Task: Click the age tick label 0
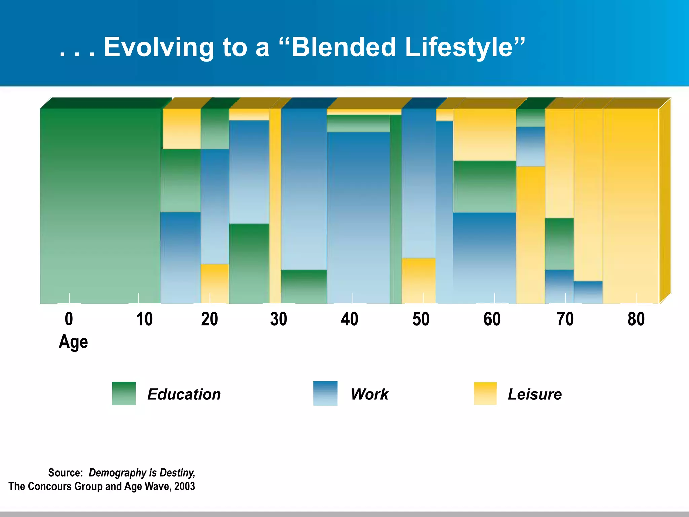(69, 319)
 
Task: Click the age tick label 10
(144, 319)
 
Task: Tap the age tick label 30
(279, 319)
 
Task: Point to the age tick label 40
(350, 319)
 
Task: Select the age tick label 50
(421, 319)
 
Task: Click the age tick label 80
(636, 319)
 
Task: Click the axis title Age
(73, 342)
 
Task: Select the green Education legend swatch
(124, 393)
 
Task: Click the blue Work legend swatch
(325, 393)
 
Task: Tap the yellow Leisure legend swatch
(485, 393)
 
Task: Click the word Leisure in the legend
(535, 394)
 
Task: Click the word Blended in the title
(343, 47)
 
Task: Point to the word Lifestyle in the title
(465, 47)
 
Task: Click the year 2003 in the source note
(184, 486)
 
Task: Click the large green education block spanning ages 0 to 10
(100, 205)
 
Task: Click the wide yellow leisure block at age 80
(630, 205)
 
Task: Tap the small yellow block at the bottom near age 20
(215, 283)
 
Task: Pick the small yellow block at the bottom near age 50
(419, 281)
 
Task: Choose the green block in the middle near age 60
(484, 186)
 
